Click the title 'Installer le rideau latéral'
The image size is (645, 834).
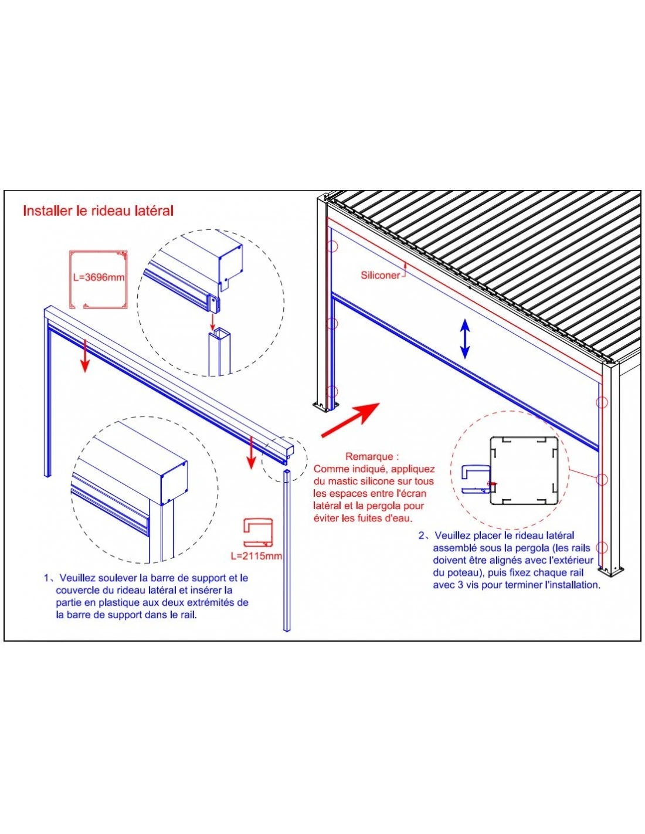point(98,211)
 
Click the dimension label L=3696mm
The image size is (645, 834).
point(99,277)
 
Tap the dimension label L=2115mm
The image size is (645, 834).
point(256,555)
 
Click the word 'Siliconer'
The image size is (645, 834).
point(380,275)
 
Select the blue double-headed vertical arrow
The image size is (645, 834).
point(464,339)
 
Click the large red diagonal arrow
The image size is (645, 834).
point(351,421)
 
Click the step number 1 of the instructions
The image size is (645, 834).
point(47,578)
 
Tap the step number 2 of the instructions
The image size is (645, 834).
point(423,535)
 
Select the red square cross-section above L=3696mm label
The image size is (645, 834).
point(99,279)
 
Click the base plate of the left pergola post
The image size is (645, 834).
point(324,406)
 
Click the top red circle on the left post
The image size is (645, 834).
point(332,246)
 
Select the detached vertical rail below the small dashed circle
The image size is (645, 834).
point(287,551)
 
